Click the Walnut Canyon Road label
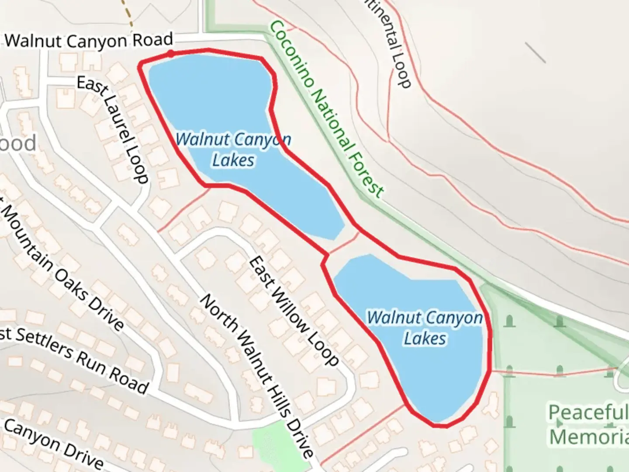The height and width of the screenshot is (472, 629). click(89, 41)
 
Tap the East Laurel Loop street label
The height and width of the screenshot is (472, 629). click(113, 129)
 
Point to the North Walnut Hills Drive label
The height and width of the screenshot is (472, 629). click(257, 376)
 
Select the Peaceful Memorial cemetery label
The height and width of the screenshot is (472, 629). click(588, 424)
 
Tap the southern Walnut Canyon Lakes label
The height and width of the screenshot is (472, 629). click(425, 328)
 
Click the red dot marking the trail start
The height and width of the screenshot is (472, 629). click(170, 54)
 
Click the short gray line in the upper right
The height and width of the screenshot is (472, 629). click(535, 52)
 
